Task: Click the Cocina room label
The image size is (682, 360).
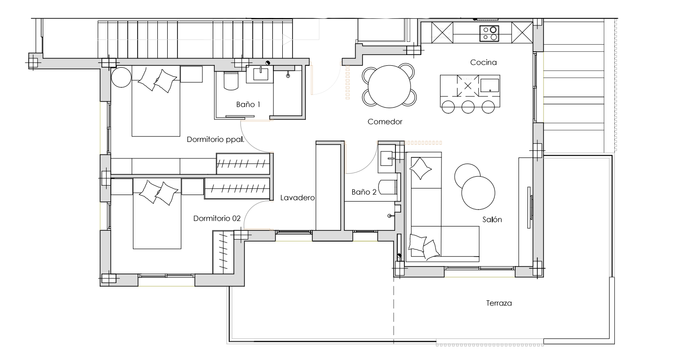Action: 483,63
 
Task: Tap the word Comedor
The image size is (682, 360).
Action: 385,122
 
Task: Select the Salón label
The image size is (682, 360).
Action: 492,219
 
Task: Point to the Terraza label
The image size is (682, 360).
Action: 499,303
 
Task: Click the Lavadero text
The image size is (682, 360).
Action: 297,198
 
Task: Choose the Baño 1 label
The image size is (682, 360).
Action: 248,104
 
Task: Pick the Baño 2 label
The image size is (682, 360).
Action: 364,192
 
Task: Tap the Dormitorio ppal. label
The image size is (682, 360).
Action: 215,140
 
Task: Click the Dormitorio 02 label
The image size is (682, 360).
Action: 217,219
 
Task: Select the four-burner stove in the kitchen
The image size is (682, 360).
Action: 489,33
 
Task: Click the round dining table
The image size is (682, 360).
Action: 389,86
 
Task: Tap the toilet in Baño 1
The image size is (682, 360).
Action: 231,81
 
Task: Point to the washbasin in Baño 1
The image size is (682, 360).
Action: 261,74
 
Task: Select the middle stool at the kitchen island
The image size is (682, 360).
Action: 468,107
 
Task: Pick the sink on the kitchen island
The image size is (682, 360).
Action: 489,85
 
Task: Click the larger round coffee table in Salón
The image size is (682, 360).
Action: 478,193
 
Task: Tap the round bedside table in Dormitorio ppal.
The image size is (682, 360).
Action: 121,77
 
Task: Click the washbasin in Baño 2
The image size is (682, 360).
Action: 387,158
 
